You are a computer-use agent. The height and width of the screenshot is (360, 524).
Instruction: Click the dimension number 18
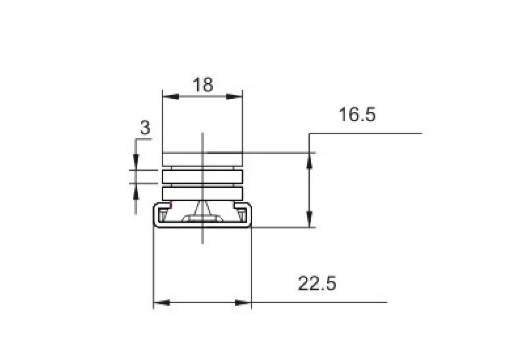point(203,84)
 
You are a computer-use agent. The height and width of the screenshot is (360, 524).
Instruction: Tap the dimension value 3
point(145,128)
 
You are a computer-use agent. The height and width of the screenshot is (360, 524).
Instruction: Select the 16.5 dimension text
point(357,114)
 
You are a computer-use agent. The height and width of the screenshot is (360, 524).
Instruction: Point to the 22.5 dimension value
point(317,283)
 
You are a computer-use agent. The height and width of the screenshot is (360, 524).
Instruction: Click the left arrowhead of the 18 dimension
point(170,97)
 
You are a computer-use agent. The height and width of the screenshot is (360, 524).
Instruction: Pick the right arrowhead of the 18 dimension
point(234,97)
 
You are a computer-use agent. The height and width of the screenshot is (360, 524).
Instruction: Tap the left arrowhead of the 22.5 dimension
point(161,303)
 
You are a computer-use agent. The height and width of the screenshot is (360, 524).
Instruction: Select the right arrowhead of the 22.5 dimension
point(243,303)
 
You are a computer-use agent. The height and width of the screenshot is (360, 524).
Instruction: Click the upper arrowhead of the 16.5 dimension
point(310,161)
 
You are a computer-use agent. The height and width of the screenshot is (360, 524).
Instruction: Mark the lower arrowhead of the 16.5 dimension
point(310,219)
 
